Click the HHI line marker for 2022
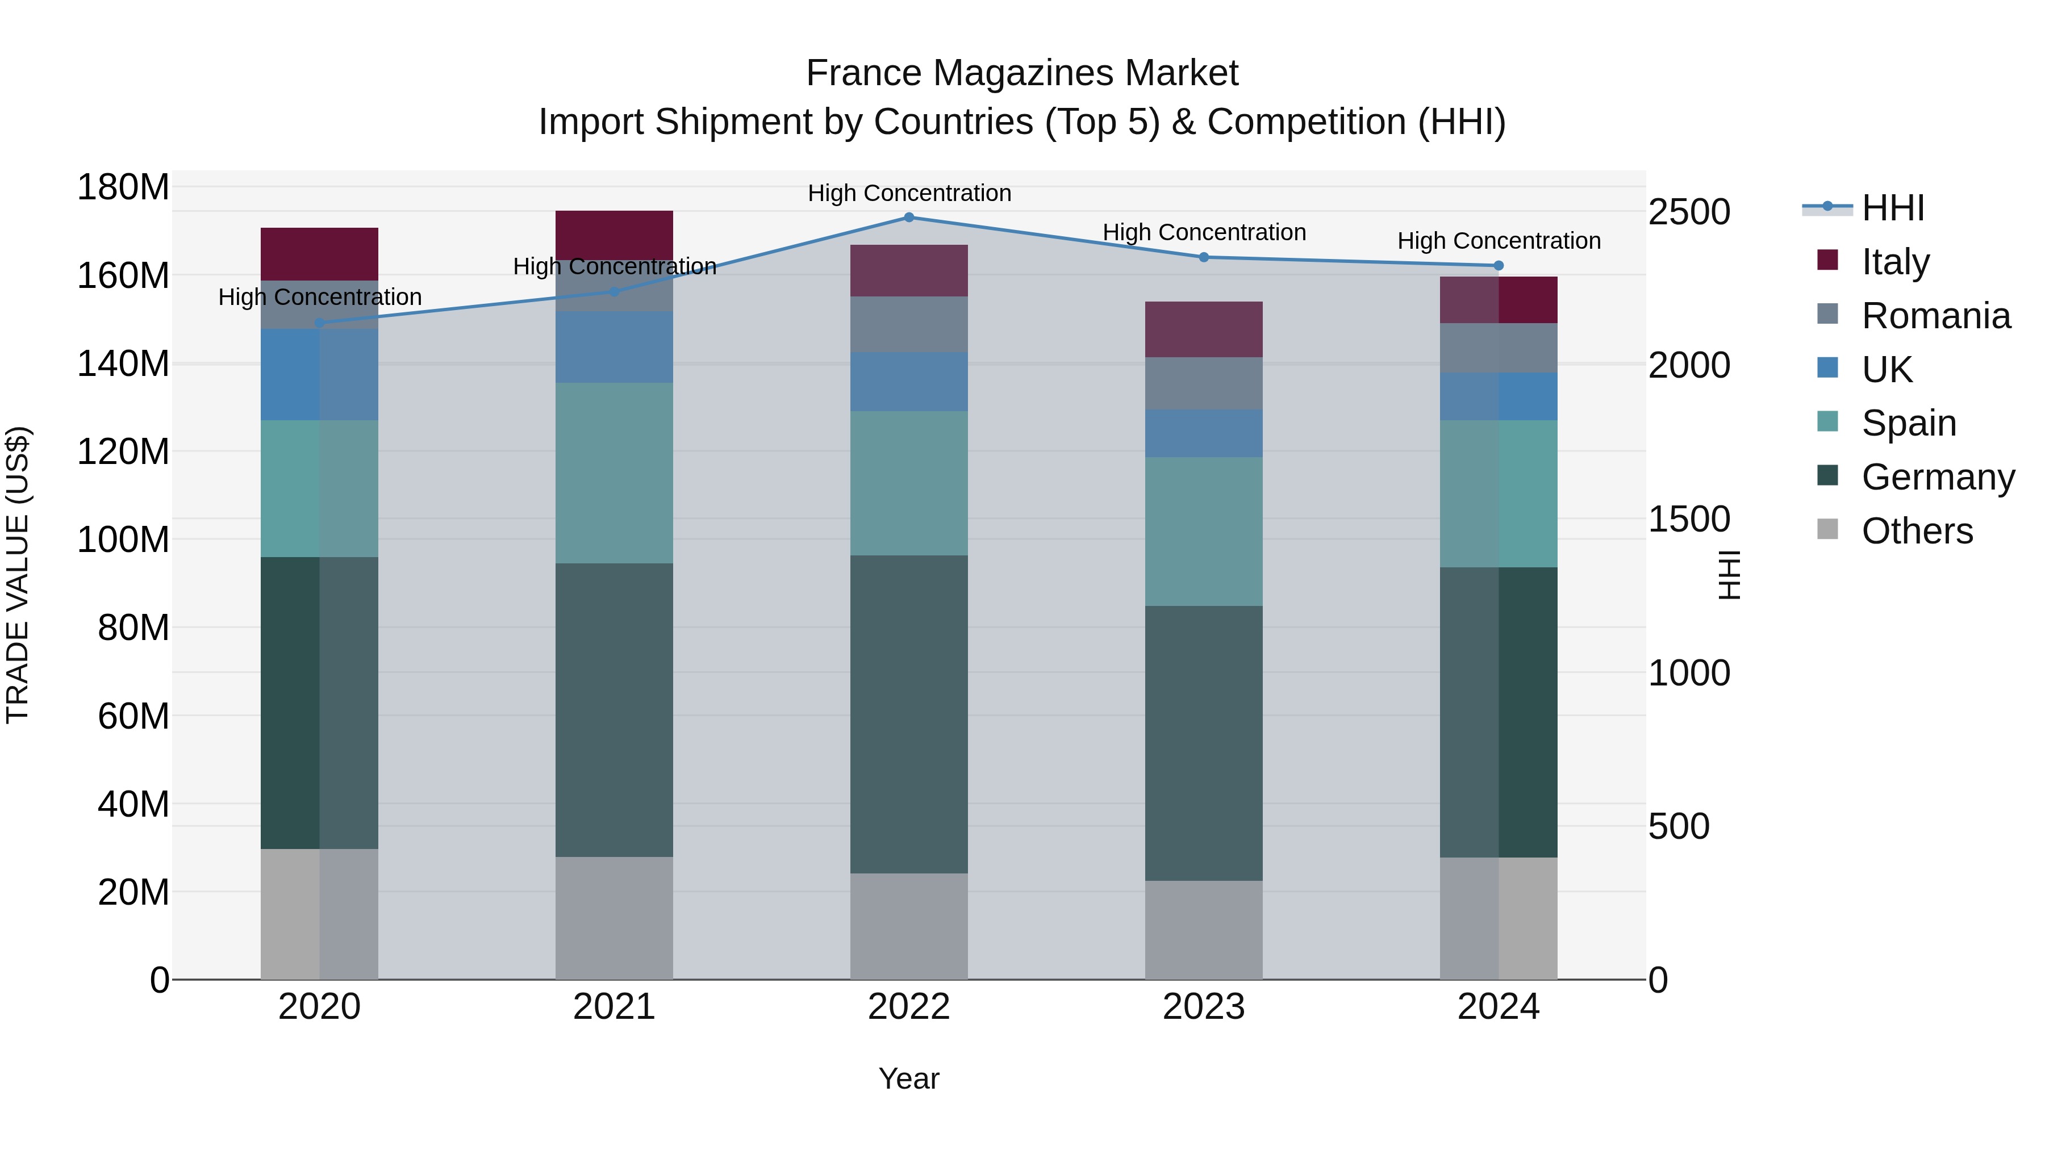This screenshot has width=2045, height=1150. coord(909,218)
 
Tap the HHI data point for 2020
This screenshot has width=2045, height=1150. coord(320,323)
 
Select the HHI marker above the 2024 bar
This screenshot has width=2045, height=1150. coord(1498,266)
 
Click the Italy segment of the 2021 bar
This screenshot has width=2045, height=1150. coord(613,234)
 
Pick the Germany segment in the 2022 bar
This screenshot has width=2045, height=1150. coord(909,714)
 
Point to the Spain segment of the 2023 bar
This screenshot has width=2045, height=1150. coord(1204,532)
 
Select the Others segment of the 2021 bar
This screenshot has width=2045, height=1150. coord(613,918)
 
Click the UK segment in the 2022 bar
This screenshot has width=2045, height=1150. coord(909,382)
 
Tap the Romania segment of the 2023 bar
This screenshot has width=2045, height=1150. coord(1204,383)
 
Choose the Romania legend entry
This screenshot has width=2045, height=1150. coord(1935,316)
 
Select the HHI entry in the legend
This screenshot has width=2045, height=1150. coord(1893,208)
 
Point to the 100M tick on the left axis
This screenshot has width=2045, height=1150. coord(123,540)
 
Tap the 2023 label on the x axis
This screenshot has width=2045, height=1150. coord(1204,1007)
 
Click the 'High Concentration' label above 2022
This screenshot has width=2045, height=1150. coord(909,193)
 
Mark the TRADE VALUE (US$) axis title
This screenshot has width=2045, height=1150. coord(18,575)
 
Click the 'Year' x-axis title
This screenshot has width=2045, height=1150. coord(909,1078)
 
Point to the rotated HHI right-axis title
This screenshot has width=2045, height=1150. coord(1728,575)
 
